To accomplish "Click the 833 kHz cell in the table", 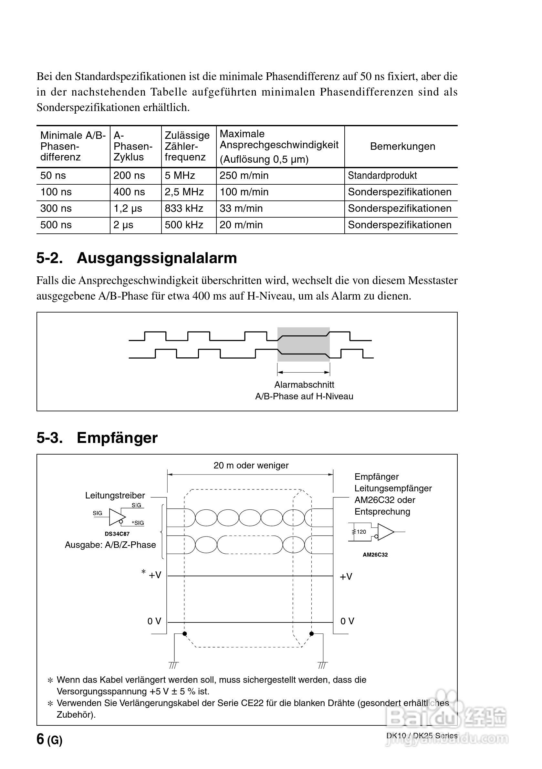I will [184, 208].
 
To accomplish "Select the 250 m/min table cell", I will [244, 176].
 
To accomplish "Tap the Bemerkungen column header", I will [402, 146].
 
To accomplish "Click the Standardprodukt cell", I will [382, 176].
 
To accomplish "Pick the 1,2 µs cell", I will [128, 208].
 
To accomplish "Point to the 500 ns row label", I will [56, 225].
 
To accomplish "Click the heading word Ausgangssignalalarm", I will [157, 258].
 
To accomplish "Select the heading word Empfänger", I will [117, 438].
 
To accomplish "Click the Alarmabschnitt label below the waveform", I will [304, 384].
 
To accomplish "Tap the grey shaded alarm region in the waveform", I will [303, 344].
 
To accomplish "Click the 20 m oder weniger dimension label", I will [251, 465].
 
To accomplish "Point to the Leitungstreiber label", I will [115, 495].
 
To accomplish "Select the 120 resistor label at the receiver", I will [361, 531].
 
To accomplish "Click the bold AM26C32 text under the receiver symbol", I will [375, 555].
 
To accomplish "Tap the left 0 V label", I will [154, 621].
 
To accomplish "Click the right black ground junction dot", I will [311, 633].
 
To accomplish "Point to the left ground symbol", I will [174, 664].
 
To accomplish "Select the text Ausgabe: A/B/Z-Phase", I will [110, 545].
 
